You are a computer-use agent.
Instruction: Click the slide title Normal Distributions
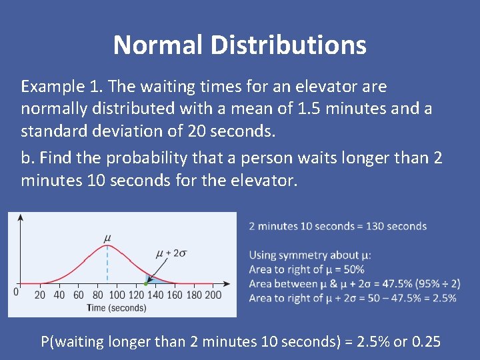click(240, 45)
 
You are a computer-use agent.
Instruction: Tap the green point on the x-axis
click(146, 284)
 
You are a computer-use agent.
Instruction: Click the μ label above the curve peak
click(107, 237)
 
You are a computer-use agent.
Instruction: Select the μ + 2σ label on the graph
click(171, 253)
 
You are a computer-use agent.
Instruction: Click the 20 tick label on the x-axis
click(40, 295)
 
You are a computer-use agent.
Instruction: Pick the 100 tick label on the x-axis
click(117, 295)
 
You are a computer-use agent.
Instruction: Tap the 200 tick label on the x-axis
click(213, 295)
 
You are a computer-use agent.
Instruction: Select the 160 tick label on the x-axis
click(175, 295)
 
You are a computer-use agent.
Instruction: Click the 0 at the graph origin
click(16, 292)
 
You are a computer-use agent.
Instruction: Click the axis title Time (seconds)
click(116, 307)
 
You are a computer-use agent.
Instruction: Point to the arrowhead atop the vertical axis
click(21, 218)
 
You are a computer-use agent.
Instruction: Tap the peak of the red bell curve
click(107, 246)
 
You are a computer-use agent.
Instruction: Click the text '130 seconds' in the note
click(397, 226)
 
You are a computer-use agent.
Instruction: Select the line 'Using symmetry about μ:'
click(310, 255)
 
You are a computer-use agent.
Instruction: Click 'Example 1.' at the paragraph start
click(62, 87)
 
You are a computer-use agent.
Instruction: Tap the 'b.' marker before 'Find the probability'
click(28, 158)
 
